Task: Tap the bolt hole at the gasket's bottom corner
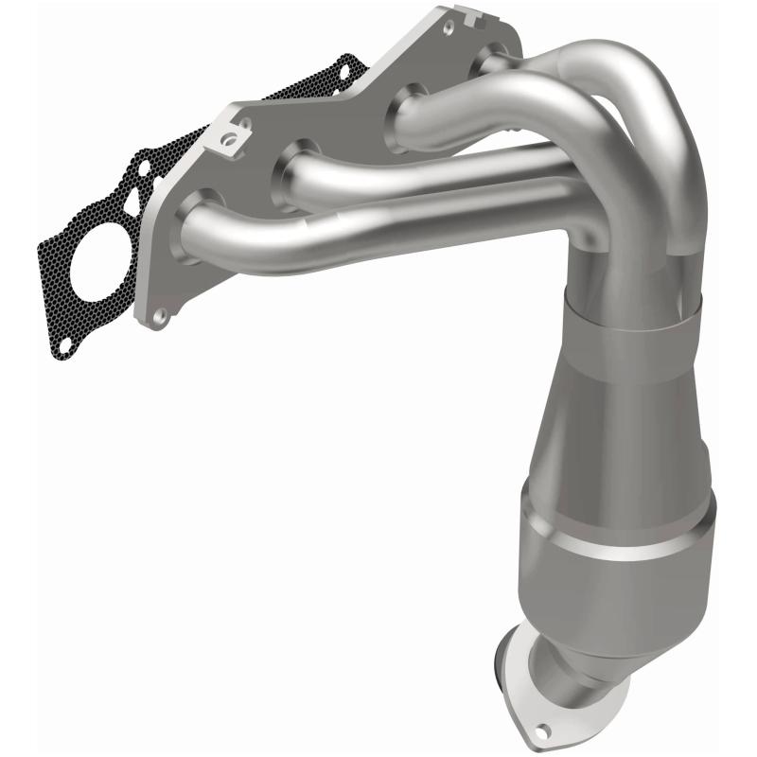(63, 347)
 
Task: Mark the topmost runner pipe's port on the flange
(492, 59)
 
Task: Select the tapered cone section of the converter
(606, 416)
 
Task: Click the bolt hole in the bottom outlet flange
(544, 730)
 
